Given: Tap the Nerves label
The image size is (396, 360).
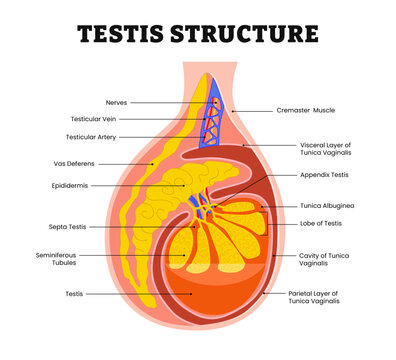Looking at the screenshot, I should (x=116, y=102).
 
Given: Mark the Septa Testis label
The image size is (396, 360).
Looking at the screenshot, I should (x=69, y=227).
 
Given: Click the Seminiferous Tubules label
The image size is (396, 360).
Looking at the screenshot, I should (x=57, y=259).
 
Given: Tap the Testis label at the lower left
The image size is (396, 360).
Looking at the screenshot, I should (x=74, y=294).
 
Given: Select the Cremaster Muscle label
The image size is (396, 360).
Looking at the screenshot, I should (x=305, y=111).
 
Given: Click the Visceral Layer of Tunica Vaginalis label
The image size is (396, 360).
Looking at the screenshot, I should (x=327, y=150).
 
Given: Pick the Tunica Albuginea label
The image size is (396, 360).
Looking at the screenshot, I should (x=324, y=206).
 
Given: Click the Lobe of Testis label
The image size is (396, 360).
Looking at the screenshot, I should (x=321, y=223).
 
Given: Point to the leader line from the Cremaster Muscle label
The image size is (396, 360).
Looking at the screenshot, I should (x=251, y=111).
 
